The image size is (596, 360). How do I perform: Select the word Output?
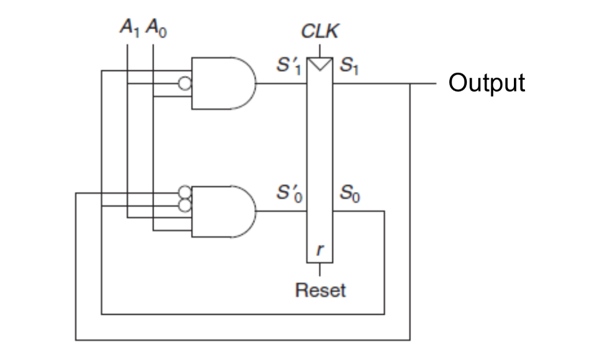click(487, 83)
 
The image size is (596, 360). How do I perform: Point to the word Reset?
click(320, 289)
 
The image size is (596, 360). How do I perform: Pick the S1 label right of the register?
click(349, 68)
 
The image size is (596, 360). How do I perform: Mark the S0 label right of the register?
click(349, 196)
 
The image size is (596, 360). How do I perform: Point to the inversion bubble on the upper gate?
click(185, 84)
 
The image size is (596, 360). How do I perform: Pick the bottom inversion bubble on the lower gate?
click(185, 205)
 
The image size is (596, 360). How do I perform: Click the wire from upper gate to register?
click(282, 83)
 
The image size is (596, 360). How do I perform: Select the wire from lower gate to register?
click(282, 212)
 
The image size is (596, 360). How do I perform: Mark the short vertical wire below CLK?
click(320, 49)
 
